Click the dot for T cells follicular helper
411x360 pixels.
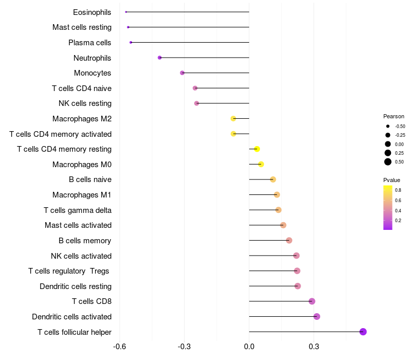click(x=363, y=332)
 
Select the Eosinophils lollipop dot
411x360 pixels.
click(x=126, y=12)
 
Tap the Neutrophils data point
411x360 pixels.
click(x=160, y=58)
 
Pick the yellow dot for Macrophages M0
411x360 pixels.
click(x=261, y=164)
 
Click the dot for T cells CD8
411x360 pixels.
click(x=312, y=301)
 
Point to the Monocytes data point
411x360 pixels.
click(x=182, y=73)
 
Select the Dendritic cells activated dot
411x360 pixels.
click(x=316, y=316)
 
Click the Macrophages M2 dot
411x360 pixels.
click(x=234, y=118)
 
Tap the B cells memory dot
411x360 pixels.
click(x=289, y=240)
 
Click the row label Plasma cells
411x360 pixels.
click(x=90, y=42)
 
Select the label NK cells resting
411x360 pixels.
click(x=85, y=103)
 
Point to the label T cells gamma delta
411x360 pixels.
click(x=78, y=210)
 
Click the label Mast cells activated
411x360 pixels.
click(x=78, y=225)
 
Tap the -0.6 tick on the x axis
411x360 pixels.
click(x=120, y=347)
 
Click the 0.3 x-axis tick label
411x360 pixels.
click(x=314, y=347)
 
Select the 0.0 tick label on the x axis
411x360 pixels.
click(x=249, y=347)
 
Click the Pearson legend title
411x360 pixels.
click(x=394, y=116)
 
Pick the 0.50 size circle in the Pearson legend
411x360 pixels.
click(x=388, y=162)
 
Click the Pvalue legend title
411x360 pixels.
click(x=391, y=180)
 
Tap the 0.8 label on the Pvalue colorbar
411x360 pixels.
click(x=398, y=190)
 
